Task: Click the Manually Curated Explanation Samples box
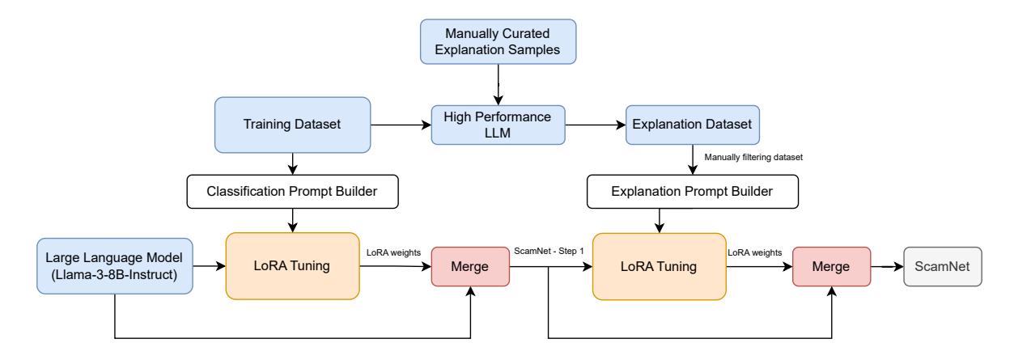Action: point(498,43)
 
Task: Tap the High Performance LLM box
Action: point(497,125)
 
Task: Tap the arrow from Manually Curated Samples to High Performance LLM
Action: point(498,85)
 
